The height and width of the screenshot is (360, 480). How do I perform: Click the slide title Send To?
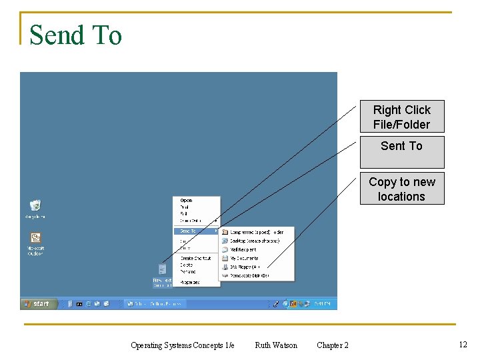pos(75,35)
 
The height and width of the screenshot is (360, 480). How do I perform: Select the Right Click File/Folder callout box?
pos(401,117)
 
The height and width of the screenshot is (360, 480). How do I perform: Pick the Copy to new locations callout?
pos(401,189)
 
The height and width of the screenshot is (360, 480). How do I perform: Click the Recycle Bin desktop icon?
pos(35,206)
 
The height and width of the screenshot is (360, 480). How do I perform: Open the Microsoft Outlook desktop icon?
pos(35,239)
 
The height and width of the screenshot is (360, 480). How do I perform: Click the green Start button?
pos(37,304)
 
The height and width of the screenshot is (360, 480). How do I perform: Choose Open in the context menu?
pos(187,200)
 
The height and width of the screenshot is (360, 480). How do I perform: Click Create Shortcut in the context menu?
pos(195,258)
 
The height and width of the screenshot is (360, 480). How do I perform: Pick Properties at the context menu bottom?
pos(190,282)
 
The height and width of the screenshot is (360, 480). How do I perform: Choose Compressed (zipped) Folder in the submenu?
pos(256,233)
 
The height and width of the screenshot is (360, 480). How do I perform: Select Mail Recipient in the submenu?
pos(243,249)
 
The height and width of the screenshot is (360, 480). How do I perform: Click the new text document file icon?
pos(162,269)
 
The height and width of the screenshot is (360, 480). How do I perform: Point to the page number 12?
pos(463,344)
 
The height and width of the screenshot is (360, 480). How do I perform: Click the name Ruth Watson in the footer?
pos(276,345)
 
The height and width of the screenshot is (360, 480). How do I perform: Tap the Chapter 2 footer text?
pos(332,345)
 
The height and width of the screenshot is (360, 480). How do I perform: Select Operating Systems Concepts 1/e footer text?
pos(182,345)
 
